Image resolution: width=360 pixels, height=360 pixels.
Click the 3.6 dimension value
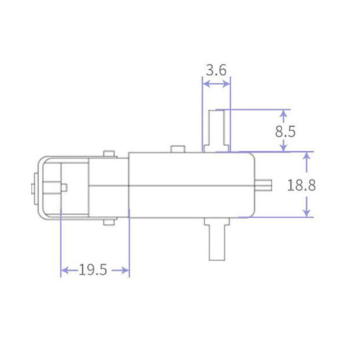[216, 70]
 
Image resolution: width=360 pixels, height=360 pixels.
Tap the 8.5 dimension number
[285, 132]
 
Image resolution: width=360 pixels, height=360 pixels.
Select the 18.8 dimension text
[302, 185]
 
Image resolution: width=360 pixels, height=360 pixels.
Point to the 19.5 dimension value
[93, 269]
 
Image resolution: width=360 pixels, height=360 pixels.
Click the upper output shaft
[217, 131]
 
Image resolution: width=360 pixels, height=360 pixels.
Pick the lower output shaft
[217, 239]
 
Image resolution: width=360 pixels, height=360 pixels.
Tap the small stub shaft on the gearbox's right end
[264, 185]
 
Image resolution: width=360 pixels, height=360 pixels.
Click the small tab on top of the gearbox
[178, 149]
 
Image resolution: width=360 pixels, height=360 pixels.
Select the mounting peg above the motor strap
[109, 154]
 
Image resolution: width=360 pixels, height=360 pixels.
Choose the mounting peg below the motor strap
[109, 222]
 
